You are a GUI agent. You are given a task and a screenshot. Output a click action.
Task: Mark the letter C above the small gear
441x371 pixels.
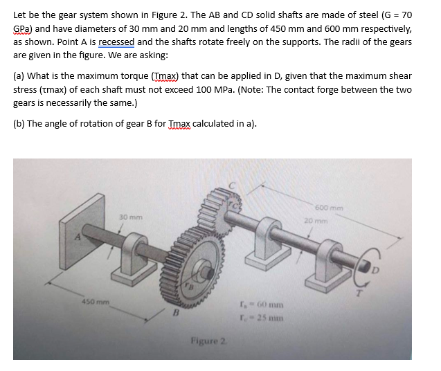(234, 185)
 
